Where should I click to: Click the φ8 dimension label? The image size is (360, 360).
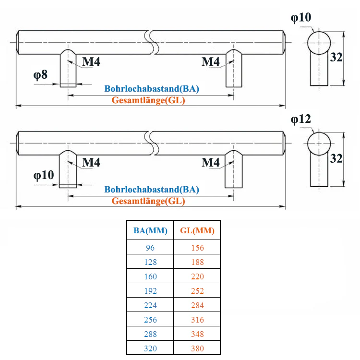40,75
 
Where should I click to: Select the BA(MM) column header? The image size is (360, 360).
150,231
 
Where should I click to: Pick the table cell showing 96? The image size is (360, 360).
150,248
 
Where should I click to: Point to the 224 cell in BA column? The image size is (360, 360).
150,305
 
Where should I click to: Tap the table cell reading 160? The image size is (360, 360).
150,276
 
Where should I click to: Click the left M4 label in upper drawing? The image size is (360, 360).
92,62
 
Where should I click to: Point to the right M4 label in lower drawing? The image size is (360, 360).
211,163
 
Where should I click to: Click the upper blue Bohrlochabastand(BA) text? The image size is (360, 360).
152,89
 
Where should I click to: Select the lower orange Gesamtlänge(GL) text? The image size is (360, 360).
148,201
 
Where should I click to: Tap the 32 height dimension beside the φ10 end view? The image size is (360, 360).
336,57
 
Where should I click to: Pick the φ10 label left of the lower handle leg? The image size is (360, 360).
44,175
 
